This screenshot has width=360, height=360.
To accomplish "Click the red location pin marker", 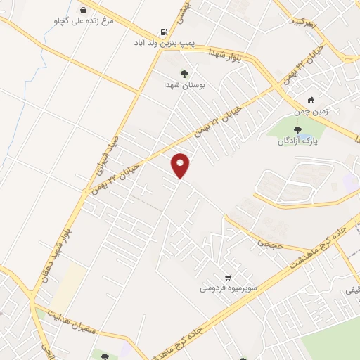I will tap(181, 165).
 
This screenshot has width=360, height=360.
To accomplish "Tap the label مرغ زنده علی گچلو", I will tap(83, 21).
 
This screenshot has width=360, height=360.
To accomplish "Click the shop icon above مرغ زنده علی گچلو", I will tap(84, 10).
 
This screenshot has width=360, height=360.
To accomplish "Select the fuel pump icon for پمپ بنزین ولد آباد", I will tap(164, 32).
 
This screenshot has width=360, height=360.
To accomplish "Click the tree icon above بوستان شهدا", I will tap(184, 73).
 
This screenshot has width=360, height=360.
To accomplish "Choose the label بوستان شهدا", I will tap(184, 84).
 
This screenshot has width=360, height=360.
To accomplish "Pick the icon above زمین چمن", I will tap(311, 99).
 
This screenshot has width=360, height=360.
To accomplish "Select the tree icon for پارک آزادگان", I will tap(297, 129).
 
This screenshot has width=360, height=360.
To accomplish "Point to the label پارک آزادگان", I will tap(295, 141).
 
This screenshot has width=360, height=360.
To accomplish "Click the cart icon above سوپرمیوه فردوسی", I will tap(228, 278).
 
